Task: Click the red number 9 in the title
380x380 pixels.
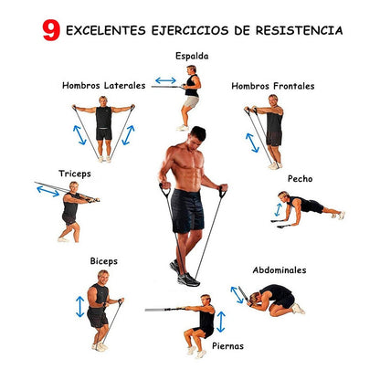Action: tap(51, 30)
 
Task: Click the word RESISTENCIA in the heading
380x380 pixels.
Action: tap(300, 30)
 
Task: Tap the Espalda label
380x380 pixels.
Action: tap(192, 57)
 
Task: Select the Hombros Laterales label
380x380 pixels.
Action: tap(103, 86)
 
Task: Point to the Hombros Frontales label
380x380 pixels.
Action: tap(273, 86)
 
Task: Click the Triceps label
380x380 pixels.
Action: tap(75, 174)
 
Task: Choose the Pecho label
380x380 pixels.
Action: tap(300, 179)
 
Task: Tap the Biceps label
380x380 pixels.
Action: tap(104, 261)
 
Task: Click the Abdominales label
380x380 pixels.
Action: tap(280, 270)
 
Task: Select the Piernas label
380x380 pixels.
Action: tap(227, 346)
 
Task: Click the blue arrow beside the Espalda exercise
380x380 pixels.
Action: tap(165, 80)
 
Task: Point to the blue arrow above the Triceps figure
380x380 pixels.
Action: tap(48, 191)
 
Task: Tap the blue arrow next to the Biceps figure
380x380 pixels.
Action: tap(80, 307)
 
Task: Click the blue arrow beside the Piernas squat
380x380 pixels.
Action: tap(221, 322)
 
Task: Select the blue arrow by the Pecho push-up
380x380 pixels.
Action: tap(278, 210)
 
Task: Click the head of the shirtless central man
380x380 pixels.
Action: tap(197, 137)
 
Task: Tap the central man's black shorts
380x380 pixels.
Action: tap(187, 211)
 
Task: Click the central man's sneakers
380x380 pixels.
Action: tap(185, 274)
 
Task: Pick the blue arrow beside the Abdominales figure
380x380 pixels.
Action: tap(237, 295)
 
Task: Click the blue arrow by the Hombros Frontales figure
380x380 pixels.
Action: tap(252, 142)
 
